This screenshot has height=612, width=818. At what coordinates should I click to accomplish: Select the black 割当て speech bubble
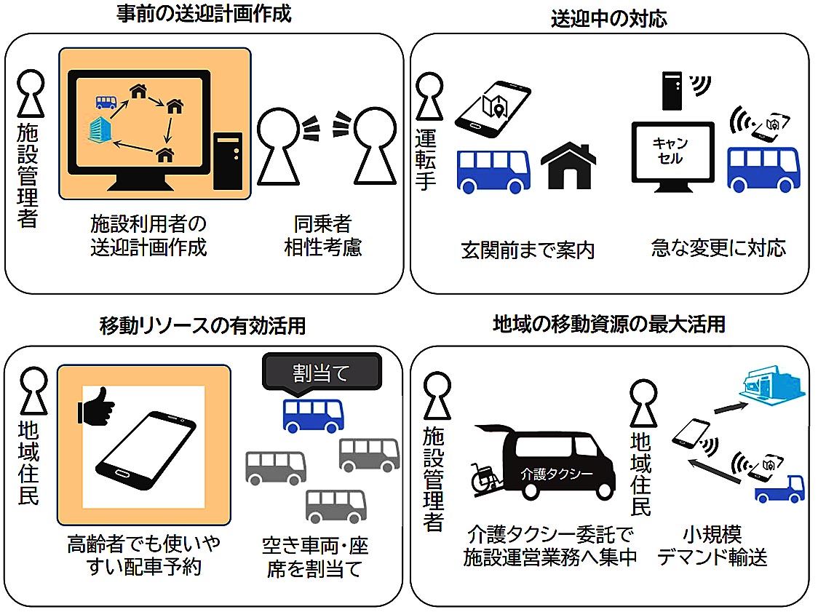[321, 373]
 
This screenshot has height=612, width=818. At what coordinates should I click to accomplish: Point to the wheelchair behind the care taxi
[487, 476]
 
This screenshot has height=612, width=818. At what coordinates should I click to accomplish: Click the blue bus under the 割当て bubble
[313, 416]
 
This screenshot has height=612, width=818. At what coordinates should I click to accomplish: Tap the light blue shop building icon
[771, 389]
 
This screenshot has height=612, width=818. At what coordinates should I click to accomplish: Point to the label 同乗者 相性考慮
[322, 235]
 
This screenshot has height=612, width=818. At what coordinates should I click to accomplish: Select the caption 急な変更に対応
[718, 248]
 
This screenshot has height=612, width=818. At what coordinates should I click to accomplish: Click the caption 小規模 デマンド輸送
[712, 546]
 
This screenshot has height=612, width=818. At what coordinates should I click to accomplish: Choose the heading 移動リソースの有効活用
[202, 326]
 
